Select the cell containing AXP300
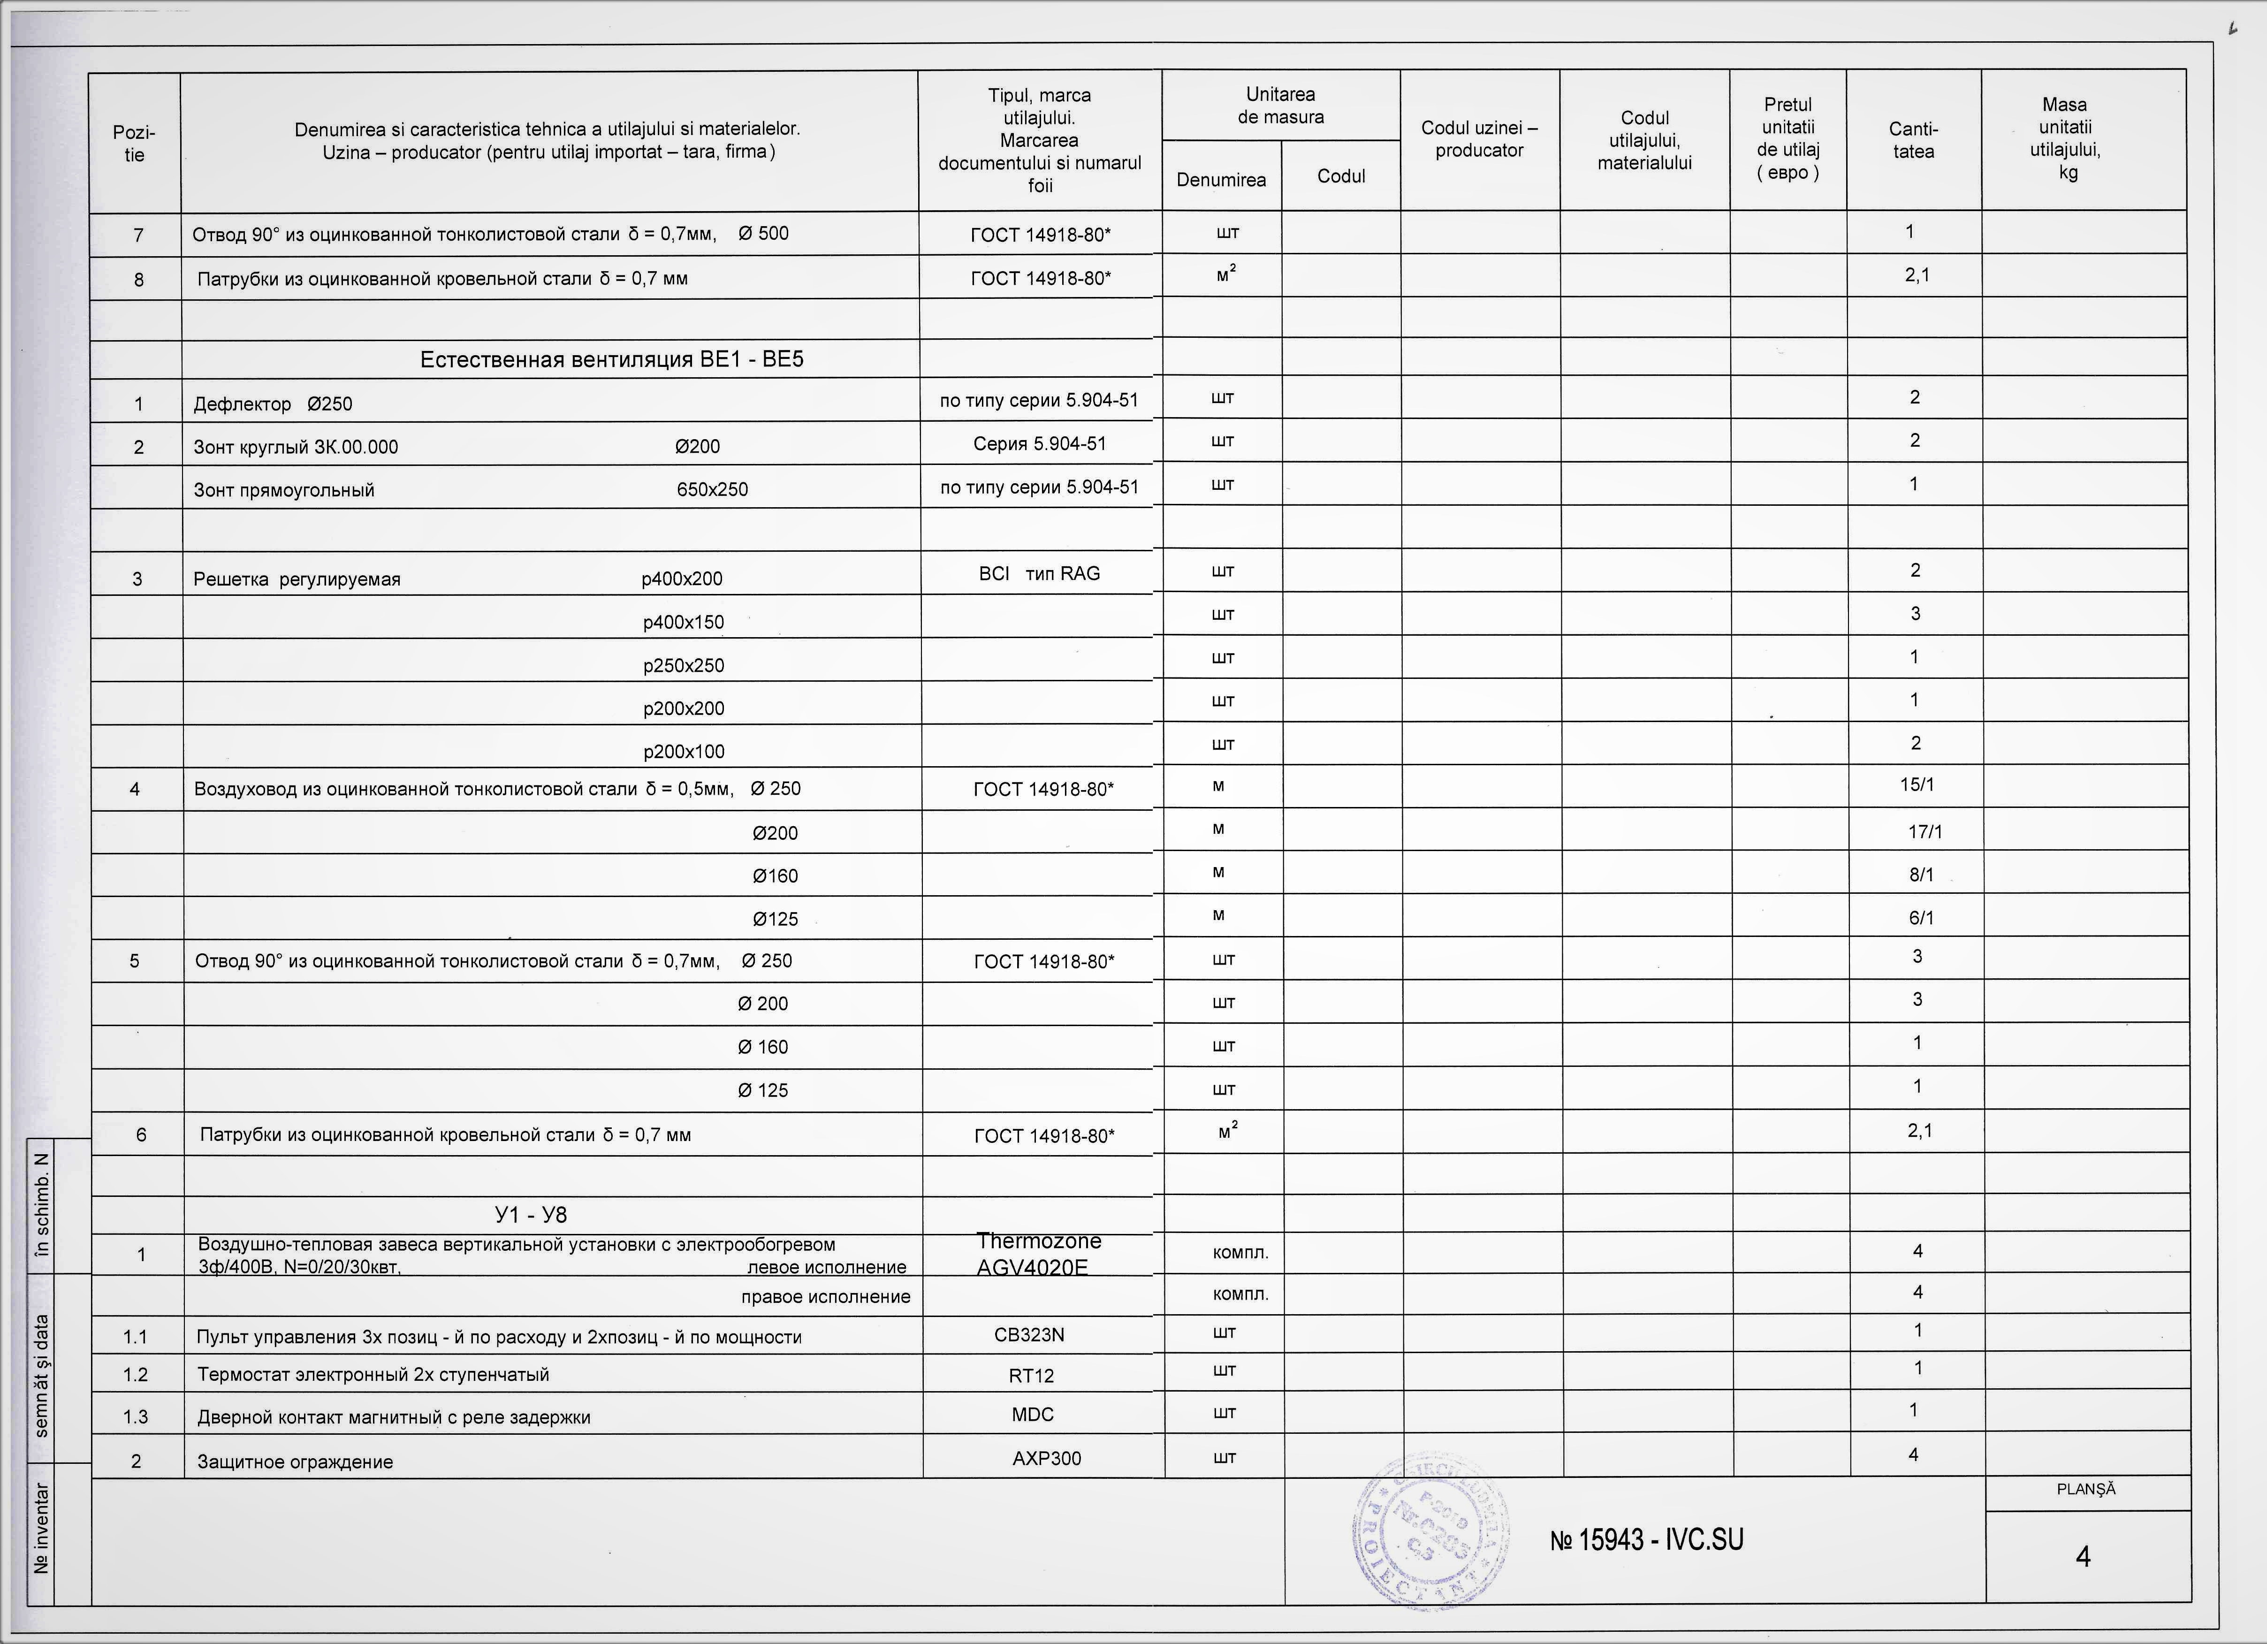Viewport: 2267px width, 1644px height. tap(1046, 1458)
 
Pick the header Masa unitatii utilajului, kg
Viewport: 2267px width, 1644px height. tap(2065, 139)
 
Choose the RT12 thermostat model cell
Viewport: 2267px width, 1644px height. tap(1031, 1375)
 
